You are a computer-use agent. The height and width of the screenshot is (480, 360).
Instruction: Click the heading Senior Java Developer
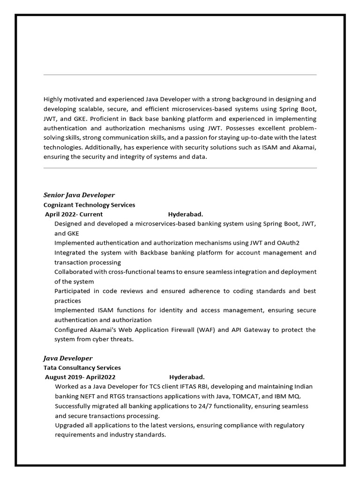[x=79, y=195]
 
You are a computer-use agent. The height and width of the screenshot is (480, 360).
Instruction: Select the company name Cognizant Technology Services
[x=89, y=205]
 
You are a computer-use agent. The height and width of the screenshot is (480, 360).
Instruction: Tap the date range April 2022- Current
[x=74, y=214]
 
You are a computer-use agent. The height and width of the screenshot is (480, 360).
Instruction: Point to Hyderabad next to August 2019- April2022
[x=187, y=377]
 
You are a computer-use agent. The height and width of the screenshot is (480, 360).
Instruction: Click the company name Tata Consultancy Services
[x=82, y=367]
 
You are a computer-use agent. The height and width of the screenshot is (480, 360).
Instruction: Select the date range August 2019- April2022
[x=80, y=377]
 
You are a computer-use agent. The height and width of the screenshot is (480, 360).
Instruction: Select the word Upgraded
[x=70, y=425]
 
